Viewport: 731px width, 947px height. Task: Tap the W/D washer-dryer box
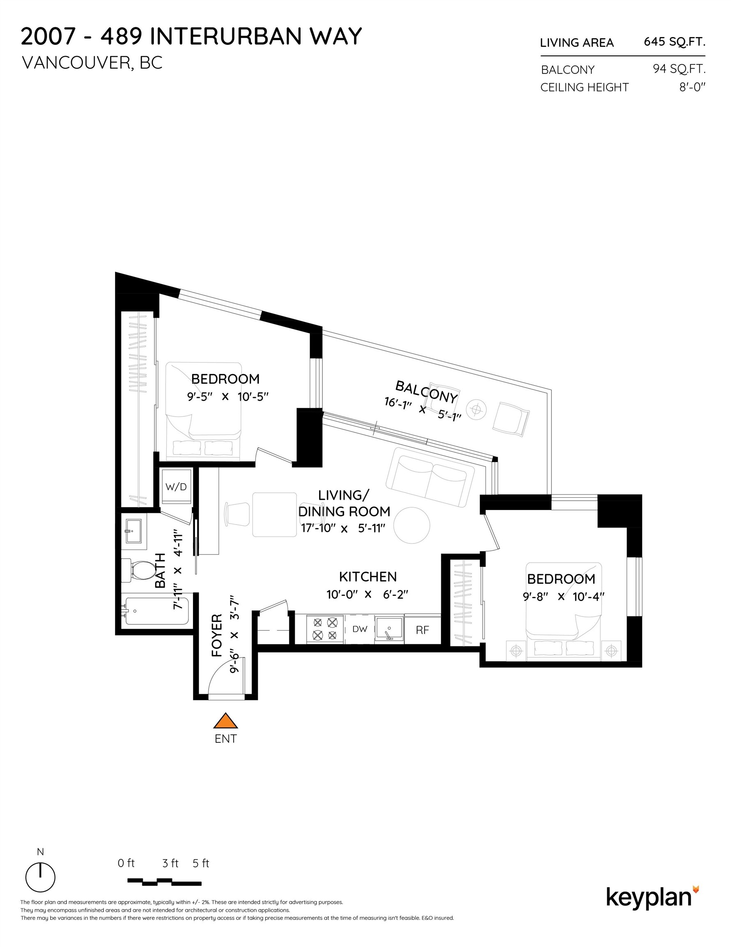pyautogui.click(x=176, y=486)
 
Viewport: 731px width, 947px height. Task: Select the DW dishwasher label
pyautogui.click(x=360, y=629)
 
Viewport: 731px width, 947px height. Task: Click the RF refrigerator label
pyautogui.click(x=422, y=630)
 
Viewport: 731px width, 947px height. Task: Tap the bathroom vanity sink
pyautogui.click(x=133, y=531)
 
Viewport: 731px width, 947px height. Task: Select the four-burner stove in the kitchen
pyautogui.click(x=325, y=629)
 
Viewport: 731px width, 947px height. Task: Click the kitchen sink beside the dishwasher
pyautogui.click(x=388, y=629)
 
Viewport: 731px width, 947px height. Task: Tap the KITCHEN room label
pyautogui.click(x=368, y=577)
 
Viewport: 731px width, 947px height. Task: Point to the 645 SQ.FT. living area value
pyautogui.click(x=674, y=42)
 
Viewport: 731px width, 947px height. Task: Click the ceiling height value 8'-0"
pyautogui.click(x=692, y=87)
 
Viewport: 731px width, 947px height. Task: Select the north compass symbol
pyautogui.click(x=40, y=877)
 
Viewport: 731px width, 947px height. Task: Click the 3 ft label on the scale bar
pyautogui.click(x=170, y=863)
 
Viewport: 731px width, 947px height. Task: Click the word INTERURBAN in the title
pyautogui.click(x=225, y=37)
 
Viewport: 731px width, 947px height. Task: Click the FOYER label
pyautogui.click(x=217, y=635)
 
